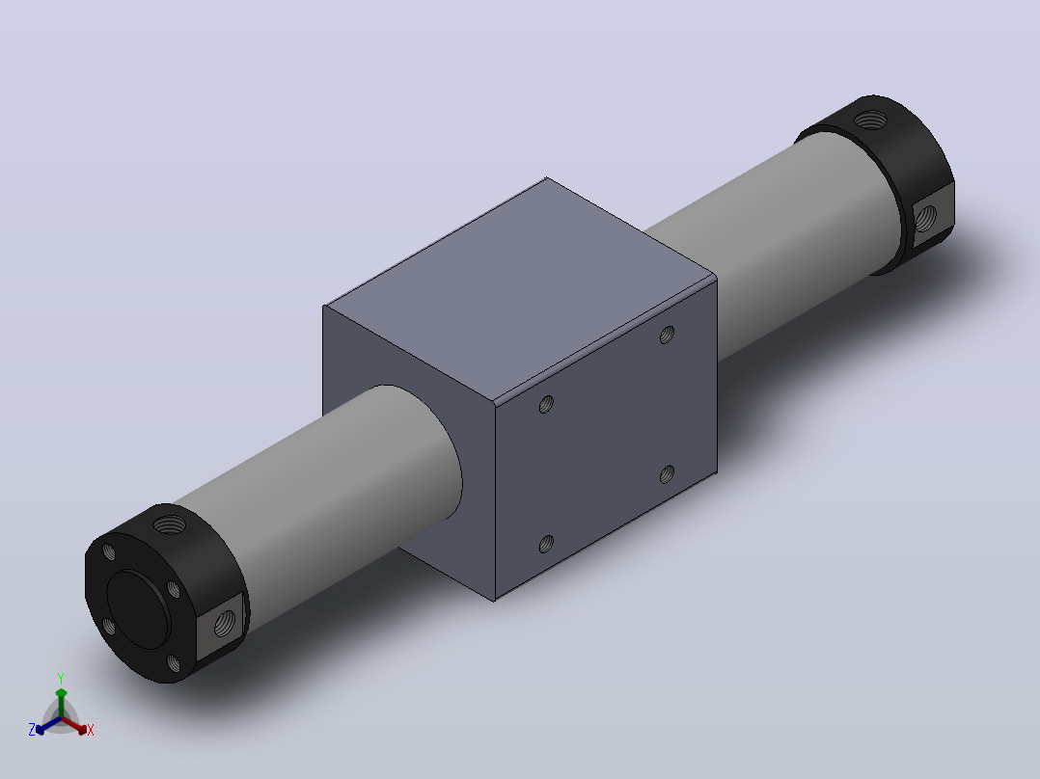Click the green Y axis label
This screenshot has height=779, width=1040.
click(61, 678)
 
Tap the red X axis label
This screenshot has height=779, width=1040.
click(91, 730)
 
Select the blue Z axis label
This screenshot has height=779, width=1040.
click(32, 729)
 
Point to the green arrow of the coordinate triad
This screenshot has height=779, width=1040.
click(61, 702)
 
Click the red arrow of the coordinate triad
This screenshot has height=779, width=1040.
click(74, 725)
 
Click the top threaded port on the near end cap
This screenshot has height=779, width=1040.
click(170, 525)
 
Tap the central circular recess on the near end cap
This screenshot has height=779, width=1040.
click(138, 608)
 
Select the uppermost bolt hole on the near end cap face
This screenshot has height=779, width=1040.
click(109, 551)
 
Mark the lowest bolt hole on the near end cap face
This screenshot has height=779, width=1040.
click(173, 663)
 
